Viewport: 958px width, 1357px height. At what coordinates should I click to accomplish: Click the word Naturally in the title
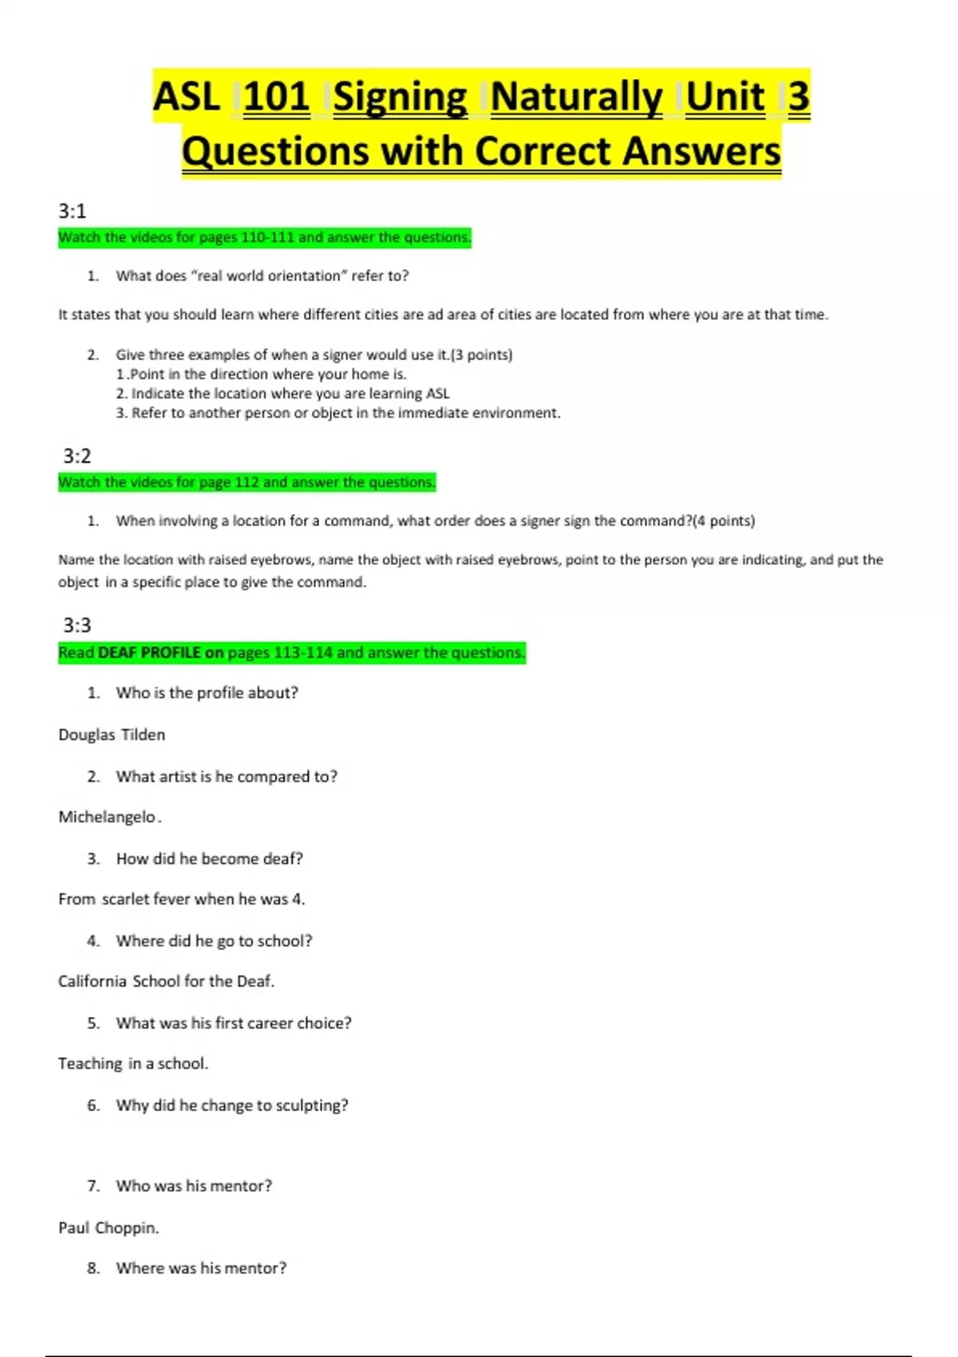[x=576, y=97]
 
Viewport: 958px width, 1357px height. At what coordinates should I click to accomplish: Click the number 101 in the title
[x=276, y=97]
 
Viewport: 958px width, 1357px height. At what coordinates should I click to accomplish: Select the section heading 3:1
[x=72, y=211]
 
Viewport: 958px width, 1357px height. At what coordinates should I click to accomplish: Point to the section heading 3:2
[x=77, y=456]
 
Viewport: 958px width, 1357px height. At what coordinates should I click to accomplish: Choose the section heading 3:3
[x=77, y=625]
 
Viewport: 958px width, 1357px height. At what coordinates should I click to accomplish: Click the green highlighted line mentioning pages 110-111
[x=264, y=237]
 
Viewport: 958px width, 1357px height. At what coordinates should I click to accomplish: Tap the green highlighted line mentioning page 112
[x=247, y=482]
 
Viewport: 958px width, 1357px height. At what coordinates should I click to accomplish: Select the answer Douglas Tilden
[x=112, y=734]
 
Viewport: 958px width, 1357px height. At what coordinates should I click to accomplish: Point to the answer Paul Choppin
[x=109, y=1228]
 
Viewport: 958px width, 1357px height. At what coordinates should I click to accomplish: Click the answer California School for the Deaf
[x=166, y=981]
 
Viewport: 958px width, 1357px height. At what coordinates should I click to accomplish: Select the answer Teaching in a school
[x=133, y=1063]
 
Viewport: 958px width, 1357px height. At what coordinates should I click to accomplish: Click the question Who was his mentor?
[x=194, y=1186]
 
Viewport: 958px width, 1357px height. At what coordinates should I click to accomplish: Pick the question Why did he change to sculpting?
[x=232, y=1105]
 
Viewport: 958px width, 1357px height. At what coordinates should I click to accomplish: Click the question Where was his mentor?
[x=201, y=1268]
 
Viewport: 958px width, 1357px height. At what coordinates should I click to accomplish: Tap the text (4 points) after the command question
[x=724, y=520]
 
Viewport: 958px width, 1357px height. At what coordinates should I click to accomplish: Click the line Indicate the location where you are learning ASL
[x=283, y=394]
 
